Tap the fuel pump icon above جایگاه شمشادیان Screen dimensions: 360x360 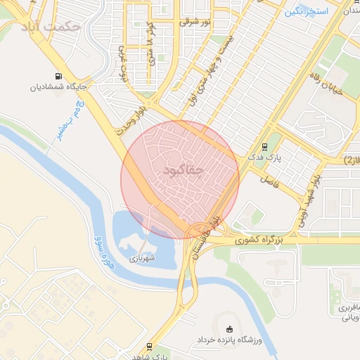point(58,77)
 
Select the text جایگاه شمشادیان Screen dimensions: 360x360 point(58,88)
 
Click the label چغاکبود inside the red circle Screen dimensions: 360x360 point(186,170)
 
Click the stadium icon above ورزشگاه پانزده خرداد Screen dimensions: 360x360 point(230,329)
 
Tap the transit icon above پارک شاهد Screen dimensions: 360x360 point(150,346)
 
